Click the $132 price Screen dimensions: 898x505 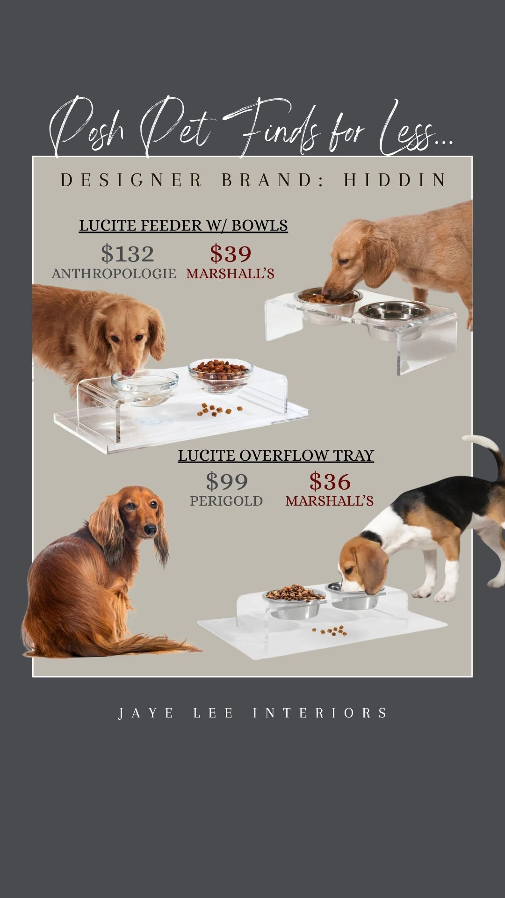[x=127, y=254]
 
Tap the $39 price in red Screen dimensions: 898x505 [x=231, y=254]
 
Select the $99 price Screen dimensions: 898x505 [x=227, y=481]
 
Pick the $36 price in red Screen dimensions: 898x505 [x=330, y=481]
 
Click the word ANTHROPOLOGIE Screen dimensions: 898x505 [x=114, y=274]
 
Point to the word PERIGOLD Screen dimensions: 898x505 [x=226, y=501]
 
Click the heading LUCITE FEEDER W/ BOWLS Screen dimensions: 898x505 [x=183, y=225]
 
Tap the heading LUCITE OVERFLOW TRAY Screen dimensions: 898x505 [x=276, y=456]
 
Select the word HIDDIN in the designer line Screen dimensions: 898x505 [x=395, y=180]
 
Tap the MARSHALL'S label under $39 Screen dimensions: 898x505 [x=230, y=274]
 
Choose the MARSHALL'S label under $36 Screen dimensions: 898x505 [x=330, y=501]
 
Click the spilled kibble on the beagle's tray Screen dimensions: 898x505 [x=330, y=631]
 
